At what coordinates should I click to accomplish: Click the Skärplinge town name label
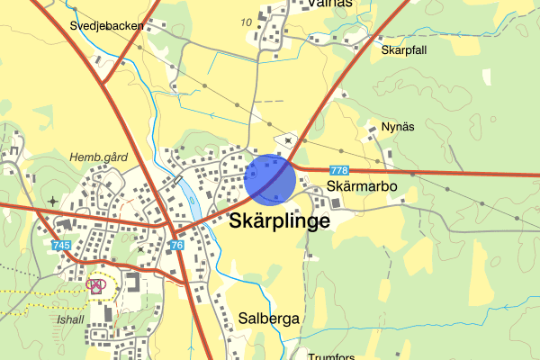[x=280, y=221]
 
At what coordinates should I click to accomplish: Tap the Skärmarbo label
[x=361, y=187]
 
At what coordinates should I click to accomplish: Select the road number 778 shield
[x=339, y=170]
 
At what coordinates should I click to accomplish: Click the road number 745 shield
[x=61, y=246]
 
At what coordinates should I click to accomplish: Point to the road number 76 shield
[x=176, y=246]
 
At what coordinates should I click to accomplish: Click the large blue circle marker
[x=270, y=180]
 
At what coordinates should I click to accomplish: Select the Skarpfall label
[x=403, y=50]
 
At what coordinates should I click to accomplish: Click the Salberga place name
[x=269, y=319]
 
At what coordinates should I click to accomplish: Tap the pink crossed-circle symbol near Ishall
[x=96, y=284]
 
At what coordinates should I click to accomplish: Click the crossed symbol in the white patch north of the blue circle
[x=288, y=139]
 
